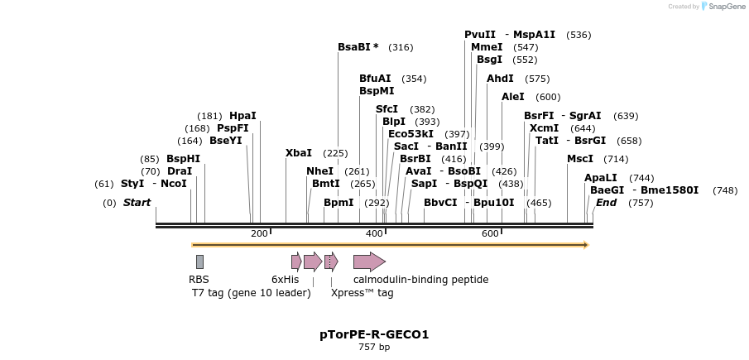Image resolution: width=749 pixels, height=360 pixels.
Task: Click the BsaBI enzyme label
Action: (354, 47)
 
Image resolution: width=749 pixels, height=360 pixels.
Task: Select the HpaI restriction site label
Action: (243, 116)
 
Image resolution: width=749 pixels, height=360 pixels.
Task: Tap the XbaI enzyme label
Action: (299, 153)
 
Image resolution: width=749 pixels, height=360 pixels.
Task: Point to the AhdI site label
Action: (500, 79)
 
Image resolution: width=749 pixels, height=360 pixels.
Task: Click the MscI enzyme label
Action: (580, 159)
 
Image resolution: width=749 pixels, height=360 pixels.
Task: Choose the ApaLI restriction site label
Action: (601, 178)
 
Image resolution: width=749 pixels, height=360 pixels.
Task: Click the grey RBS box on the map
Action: (199, 262)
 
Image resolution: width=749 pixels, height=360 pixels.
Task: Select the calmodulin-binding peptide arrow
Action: (369, 262)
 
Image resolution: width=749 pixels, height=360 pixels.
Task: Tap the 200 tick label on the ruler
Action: (259, 233)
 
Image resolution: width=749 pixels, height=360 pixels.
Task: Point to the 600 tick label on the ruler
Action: (489, 233)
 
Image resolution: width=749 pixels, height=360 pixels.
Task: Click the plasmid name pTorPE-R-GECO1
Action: (374, 335)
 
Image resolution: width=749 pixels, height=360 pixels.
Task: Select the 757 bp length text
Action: (374, 348)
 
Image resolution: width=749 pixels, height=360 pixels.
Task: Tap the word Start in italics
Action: (137, 203)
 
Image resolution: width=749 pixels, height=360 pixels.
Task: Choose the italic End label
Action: (607, 203)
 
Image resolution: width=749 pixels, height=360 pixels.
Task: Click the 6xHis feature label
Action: (286, 280)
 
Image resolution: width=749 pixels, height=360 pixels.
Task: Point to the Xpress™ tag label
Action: (362, 293)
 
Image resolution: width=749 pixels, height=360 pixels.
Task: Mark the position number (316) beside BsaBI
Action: (401, 48)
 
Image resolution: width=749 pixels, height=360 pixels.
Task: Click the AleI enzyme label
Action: (513, 97)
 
